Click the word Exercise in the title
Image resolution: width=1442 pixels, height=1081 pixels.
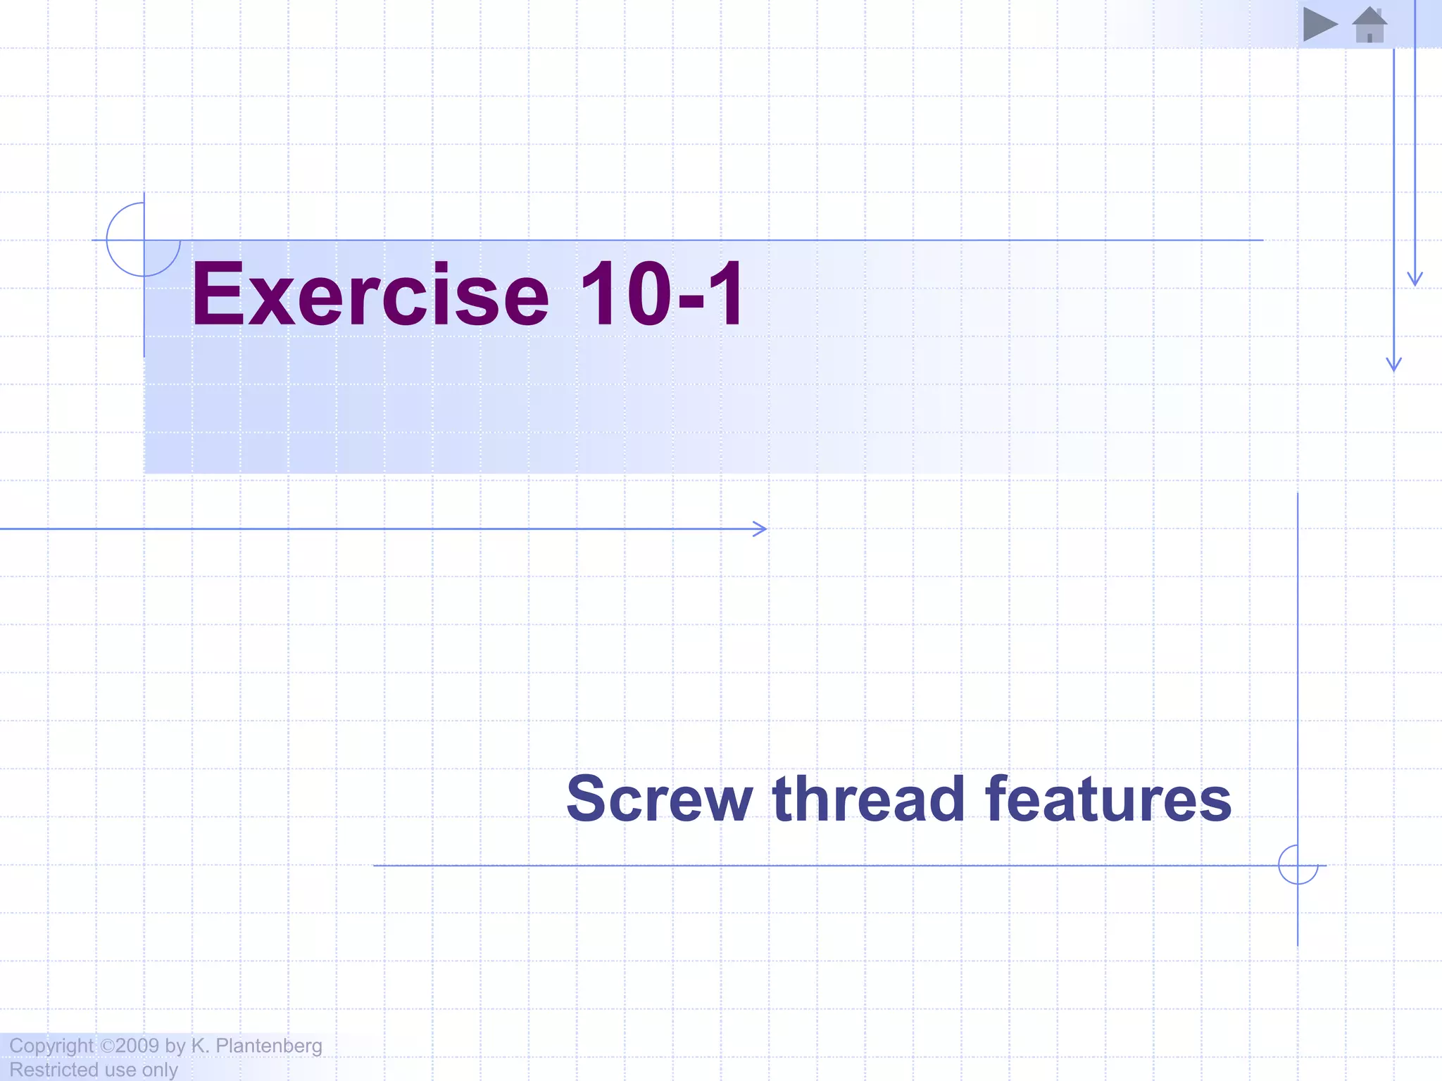[370, 294]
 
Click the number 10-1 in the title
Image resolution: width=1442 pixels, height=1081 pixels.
[662, 294]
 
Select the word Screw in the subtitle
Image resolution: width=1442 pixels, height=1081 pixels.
[659, 799]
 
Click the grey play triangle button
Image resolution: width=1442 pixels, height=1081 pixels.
[1319, 25]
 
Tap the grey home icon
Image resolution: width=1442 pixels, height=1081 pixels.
[1369, 25]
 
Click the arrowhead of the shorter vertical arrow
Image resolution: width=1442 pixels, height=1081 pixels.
[1415, 280]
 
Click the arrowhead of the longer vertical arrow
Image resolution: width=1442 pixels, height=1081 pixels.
[1393, 365]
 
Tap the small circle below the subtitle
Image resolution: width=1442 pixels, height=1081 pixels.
[1298, 865]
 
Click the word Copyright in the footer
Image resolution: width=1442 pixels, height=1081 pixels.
[51, 1046]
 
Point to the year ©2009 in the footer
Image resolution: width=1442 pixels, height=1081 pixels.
[130, 1045]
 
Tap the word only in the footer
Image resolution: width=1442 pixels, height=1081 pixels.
[160, 1070]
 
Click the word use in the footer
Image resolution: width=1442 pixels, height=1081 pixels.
[118, 1070]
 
